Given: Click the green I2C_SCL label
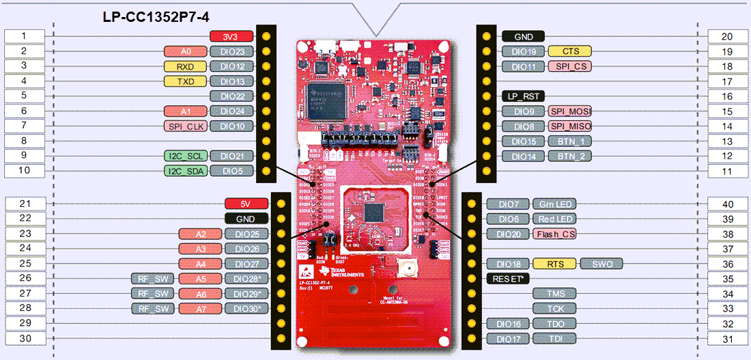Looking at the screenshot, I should [x=184, y=156].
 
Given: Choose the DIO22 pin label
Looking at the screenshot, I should [x=232, y=96].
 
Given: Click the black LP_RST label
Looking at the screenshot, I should [x=523, y=96].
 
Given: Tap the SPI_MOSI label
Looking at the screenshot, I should [x=569, y=111].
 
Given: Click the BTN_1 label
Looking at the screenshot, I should [x=569, y=141].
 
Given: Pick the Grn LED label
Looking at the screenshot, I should [x=555, y=204].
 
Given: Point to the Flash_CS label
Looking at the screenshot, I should [x=555, y=234].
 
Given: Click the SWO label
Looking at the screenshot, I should [x=602, y=264].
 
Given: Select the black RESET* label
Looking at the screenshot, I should [x=509, y=279].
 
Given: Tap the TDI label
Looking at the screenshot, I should [x=555, y=338].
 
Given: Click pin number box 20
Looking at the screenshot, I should [x=727, y=36].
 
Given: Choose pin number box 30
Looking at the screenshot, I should [x=24, y=338].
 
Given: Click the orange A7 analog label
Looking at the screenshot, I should [x=200, y=308].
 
